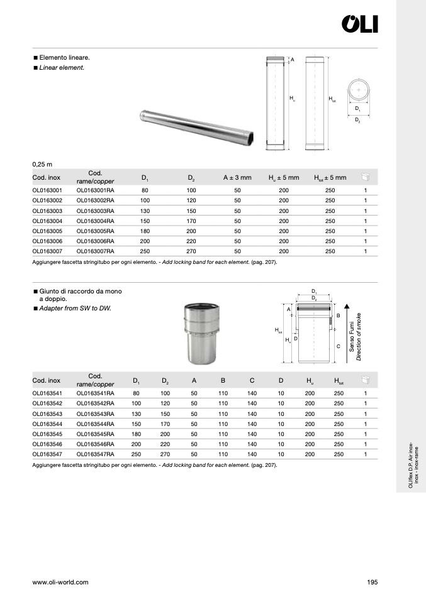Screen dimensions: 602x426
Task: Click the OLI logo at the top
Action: (359, 24)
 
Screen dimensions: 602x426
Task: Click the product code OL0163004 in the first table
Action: (47, 221)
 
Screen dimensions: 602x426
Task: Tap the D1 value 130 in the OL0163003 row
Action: (145, 211)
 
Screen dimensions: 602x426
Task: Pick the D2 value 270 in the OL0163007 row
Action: (192, 251)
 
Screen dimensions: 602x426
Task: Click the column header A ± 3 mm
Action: (237, 178)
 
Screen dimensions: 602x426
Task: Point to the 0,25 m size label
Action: (42, 164)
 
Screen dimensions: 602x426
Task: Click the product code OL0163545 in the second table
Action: (47, 434)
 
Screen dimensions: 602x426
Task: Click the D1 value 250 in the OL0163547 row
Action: (136, 454)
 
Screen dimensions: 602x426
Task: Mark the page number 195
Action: (372, 582)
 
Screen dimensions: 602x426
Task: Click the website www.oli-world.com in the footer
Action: (60, 582)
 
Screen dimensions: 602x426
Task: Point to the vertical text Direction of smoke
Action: (359, 337)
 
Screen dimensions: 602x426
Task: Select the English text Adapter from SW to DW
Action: (75, 309)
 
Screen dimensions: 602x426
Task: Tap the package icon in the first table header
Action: (365, 178)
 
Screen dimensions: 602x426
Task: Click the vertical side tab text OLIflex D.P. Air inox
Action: (410, 465)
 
